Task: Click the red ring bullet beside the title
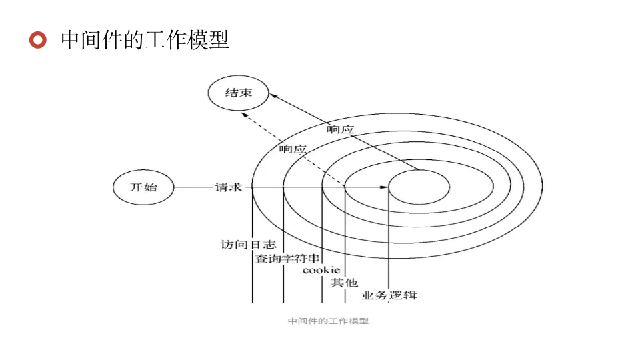39,40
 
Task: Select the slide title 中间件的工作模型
145,40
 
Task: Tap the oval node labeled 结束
238,93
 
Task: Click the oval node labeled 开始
143,187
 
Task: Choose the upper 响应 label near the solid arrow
340,129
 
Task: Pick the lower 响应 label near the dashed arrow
293,149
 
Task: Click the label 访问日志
249,245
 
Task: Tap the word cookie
321,270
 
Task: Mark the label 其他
345,283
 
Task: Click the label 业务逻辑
389,295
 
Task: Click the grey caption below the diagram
328,321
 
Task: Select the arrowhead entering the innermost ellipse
384,187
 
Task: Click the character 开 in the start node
136,187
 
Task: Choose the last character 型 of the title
219,40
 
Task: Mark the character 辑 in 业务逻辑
411,295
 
